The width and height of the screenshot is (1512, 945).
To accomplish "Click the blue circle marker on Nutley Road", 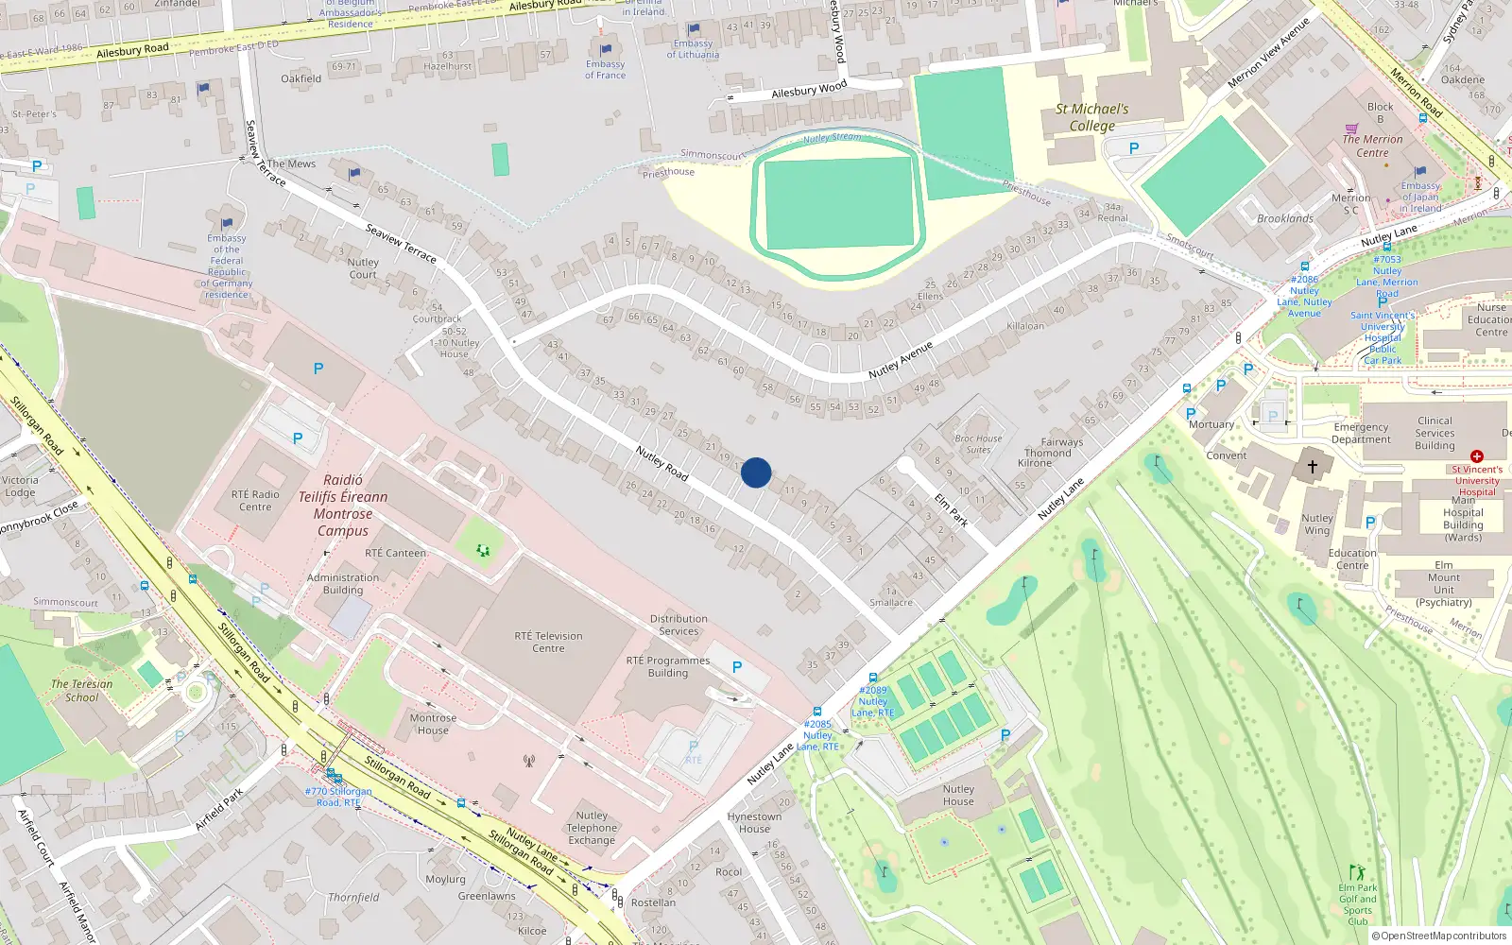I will [x=756, y=472].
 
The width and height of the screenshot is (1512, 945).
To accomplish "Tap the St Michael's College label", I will [x=1091, y=117].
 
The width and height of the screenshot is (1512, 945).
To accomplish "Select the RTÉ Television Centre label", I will [x=548, y=642].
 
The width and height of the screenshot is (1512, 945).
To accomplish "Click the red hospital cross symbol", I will [x=1477, y=456].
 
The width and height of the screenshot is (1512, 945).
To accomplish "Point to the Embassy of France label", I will [x=605, y=70].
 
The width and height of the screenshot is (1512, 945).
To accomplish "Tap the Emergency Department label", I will [x=1361, y=433].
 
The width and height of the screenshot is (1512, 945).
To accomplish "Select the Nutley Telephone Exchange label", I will [x=592, y=828].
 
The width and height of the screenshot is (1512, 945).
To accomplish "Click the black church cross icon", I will [x=1312, y=466].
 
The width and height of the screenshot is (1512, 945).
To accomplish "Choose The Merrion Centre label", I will [x=1372, y=146].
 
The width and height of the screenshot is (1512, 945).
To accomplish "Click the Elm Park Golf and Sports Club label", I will [x=1357, y=904].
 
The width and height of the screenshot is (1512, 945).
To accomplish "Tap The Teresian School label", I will [x=81, y=690].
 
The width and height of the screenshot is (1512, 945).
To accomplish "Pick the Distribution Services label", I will [x=678, y=625].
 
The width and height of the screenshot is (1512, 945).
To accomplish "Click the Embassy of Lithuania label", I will [x=693, y=49].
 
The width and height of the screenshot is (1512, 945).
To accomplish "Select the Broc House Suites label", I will [x=978, y=444].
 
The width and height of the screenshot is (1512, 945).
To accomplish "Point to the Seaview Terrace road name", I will [x=401, y=243].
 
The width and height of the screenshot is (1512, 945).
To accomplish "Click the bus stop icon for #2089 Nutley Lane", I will [x=873, y=678].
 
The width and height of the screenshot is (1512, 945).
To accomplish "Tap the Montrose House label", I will [x=433, y=724].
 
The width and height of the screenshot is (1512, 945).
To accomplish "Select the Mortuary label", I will [x=1211, y=424].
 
